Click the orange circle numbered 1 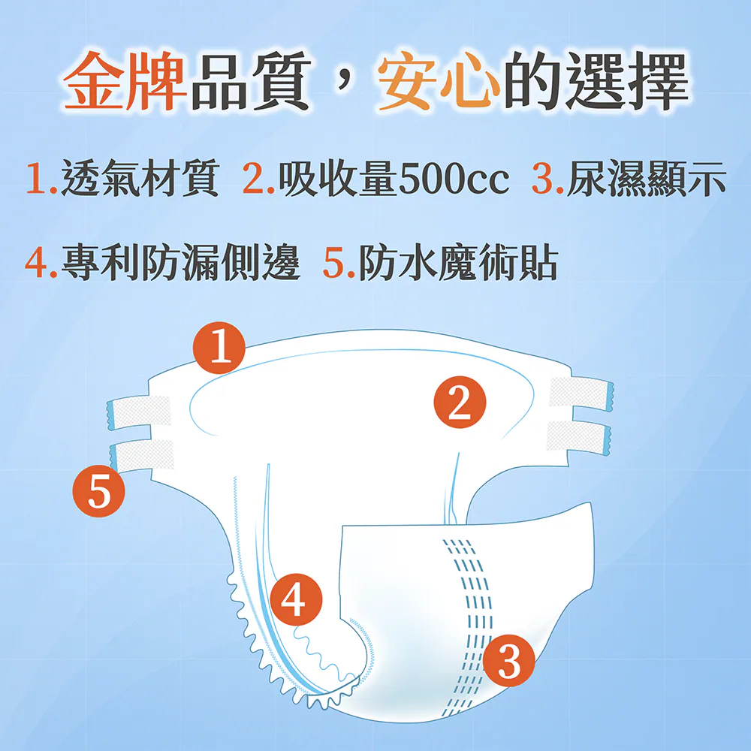[x=219, y=348]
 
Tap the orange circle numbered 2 [x=460, y=403]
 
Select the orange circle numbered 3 [x=508, y=660]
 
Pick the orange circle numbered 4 [x=296, y=599]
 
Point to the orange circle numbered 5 [x=98, y=491]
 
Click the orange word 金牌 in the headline [x=125, y=80]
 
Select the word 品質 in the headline [x=251, y=80]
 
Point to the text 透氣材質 [x=140, y=178]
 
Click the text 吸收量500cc [x=394, y=178]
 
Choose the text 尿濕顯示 [x=646, y=178]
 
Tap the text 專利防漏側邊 [x=180, y=262]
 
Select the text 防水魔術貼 [x=458, y=262]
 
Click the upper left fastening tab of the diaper [x=139, y=412]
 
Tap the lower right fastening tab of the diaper [x=579, y=438]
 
